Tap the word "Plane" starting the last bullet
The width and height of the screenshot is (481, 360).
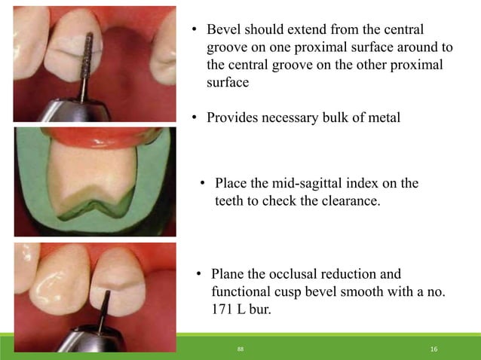tap(228, 274)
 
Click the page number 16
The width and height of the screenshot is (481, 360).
tap(434, 349)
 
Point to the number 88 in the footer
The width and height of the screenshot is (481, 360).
tap(240, 349)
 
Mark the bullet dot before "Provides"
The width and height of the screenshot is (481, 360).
tap(193, 118)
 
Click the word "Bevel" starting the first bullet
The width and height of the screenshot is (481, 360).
tap(223, 30)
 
